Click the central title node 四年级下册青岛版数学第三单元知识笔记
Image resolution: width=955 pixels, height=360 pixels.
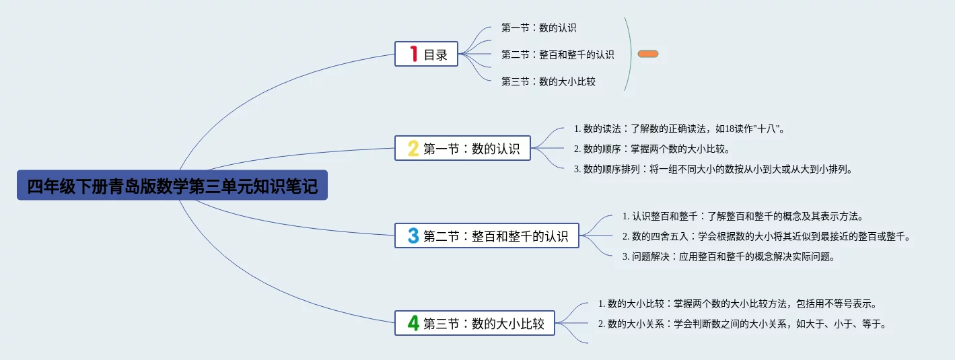click(x=172, y=185)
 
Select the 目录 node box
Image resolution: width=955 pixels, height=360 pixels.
click(x=426, y=54)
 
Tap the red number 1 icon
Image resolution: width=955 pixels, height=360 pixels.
click(x=413, y=54)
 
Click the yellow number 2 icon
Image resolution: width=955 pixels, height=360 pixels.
click(x=413, y=149)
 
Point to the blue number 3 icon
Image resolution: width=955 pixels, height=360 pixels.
click(x=413, y=236)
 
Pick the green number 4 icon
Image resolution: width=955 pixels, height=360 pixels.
click(x=413, y=323)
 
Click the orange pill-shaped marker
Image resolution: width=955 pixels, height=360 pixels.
click(x=648, y=54)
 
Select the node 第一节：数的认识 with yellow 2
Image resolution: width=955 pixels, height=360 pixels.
click(x=462, y=148)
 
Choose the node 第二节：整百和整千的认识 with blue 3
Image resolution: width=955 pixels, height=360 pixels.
click(x=487, y=236)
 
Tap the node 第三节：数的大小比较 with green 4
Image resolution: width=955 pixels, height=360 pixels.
click(x=474, y=323)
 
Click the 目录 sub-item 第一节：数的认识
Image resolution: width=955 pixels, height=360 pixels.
click(x=539, y=28)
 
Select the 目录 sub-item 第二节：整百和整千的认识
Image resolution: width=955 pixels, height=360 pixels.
click(x=558, y=55)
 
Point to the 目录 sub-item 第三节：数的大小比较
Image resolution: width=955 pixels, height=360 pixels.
click(x=549, y=81)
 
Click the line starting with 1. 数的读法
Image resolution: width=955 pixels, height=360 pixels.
click(x=680, y=129)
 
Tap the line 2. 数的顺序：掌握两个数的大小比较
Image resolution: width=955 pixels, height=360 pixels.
click(x=652, y=149)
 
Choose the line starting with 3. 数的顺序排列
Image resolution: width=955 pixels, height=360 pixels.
click(x=713, y=169)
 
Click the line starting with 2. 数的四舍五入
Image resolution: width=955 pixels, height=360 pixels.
click(x=767, y=236)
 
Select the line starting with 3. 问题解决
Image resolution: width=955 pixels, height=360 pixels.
click(x=729, y=256)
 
